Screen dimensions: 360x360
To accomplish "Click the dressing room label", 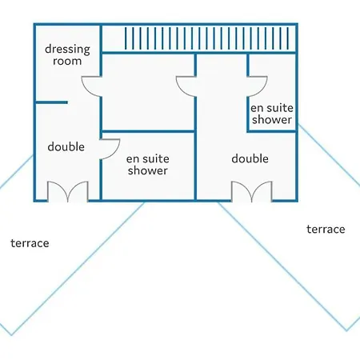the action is tap(67, 55).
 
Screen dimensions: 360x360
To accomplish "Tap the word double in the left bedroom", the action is tap(66, 147).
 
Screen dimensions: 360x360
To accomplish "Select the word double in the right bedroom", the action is tap(250, 158).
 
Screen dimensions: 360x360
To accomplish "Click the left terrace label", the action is tap(30, 243).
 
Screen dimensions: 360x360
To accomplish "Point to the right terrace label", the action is tap(326, 229).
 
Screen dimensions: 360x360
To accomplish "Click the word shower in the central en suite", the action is tap(148, 170).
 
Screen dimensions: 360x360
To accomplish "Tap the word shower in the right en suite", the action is tap(272, 119).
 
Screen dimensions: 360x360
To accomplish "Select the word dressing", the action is tap(67, 50).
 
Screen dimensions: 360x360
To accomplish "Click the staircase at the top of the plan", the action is tap(207, 38).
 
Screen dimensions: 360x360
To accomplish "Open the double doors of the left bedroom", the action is tap(68, 191).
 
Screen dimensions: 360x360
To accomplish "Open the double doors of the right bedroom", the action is tap(252, 191).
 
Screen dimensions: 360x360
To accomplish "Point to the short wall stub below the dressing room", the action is tap(51, 102).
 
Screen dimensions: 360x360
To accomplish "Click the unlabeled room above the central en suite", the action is tap(148, 92).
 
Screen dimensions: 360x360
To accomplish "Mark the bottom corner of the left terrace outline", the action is tap(11, 335).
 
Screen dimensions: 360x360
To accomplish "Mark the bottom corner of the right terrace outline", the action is tap(347, 330).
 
